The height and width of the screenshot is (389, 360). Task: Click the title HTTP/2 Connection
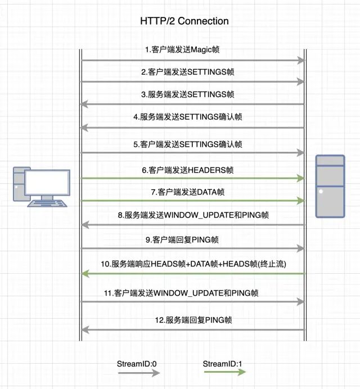click(x=184, y=21)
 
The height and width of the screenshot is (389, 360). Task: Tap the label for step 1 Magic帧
click(x=182, y=50)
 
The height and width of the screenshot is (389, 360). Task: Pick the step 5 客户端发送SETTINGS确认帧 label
click(x=188, y=144)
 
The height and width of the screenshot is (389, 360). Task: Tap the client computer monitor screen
click(x=47, y=183)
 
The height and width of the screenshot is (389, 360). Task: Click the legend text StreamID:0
click(x=137, y=363)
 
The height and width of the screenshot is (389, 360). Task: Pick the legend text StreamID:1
click(x=223, y=363)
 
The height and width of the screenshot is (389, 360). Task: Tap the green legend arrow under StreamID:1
click(x=223, y=373)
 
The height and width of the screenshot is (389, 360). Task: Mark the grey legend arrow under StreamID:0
click(x=137, y=373)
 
